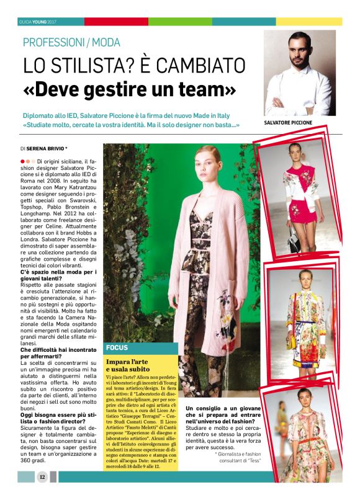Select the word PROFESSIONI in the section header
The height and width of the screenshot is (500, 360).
pos(53,43)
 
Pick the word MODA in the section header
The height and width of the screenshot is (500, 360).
pos(104,43)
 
